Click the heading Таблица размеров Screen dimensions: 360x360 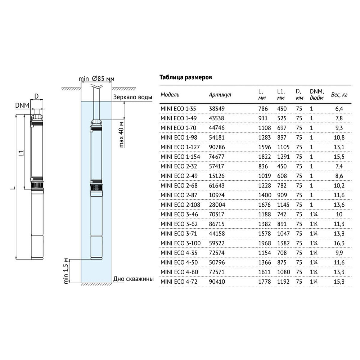[185, 77]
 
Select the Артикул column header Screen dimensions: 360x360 [220, 95]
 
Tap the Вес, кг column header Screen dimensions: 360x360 [339, 95]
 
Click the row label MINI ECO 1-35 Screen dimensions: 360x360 [178, 109]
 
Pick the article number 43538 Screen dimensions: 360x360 [216, 118]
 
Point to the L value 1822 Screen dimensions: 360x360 [265, 157]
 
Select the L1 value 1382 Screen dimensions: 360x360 [283, 243]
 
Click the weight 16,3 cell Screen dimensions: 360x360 [339, 243]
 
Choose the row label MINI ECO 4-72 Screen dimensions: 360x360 [179, 282]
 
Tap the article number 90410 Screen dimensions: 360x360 [216, 282]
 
